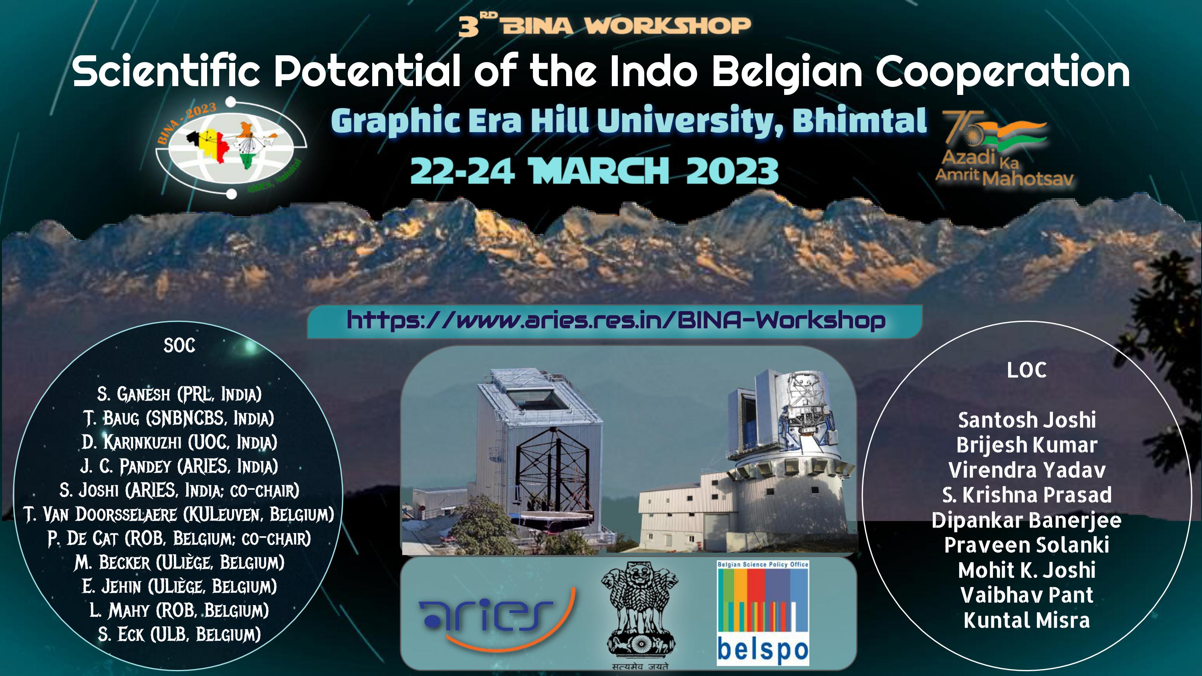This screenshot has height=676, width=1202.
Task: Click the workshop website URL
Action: [x=616, y=320]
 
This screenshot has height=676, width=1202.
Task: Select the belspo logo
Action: [x=762, y=613]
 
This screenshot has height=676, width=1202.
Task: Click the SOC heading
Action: [x=179, y=346]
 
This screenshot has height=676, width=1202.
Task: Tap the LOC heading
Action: [x=1027, y=370]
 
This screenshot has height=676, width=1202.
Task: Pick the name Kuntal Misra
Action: [x=1027, y=620]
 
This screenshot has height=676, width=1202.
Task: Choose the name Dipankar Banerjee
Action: [x=1027, y=520]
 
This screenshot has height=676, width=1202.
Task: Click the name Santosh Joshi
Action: [x=1027, y=420]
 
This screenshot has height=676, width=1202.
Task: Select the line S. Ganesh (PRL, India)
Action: [x=179, y=394]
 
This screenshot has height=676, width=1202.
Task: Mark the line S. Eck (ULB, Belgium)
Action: [x=179, y=634]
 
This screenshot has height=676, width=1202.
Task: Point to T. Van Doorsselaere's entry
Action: [x=179, y=514]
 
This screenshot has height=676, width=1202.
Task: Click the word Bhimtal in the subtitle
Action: [x=859, y=121]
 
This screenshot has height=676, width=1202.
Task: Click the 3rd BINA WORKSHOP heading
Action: [x=604, y=25]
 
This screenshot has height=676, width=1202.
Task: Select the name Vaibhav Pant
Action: [x=1027, y=595]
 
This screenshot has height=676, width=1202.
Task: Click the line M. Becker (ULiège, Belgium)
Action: [x=179, y=562]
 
